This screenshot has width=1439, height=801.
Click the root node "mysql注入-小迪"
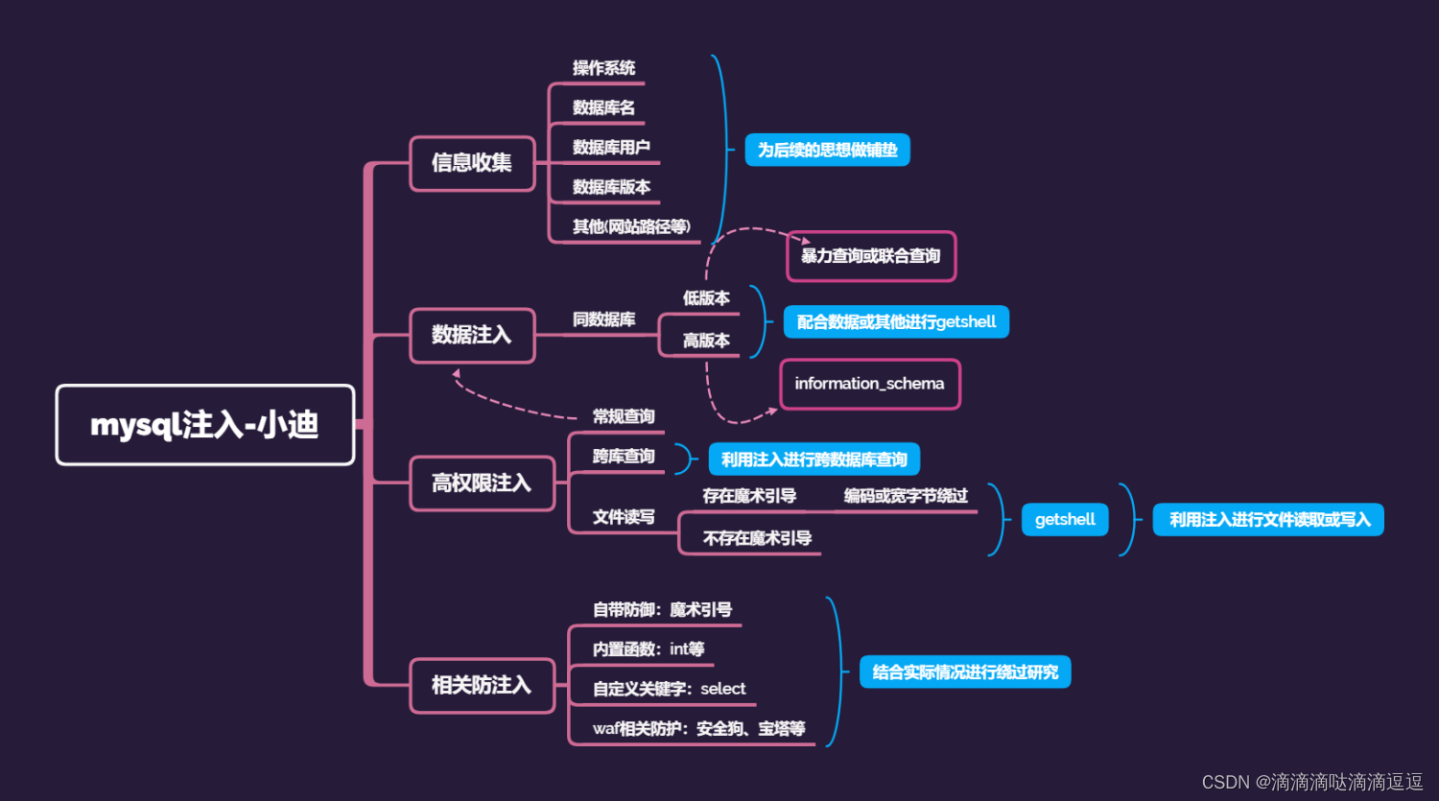(204, 425)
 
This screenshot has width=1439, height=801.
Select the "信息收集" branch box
(472, 163)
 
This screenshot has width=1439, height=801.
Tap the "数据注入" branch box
(472, 335)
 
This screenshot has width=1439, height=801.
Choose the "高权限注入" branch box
(482, 483)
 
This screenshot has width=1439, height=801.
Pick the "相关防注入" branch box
(482, 685)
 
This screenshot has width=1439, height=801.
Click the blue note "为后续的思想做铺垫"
(827, 151)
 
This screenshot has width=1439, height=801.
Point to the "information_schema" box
(869, 384)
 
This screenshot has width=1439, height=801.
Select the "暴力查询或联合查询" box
(870, 256)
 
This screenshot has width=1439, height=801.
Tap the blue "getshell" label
(1065, 520)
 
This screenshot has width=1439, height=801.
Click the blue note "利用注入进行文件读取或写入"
(1268, 520)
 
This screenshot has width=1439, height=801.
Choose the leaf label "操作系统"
(603, 68)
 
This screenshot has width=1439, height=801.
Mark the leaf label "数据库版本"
(611, 187)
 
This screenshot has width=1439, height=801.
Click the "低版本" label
(706, 298)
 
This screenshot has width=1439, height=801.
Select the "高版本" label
(706, 341)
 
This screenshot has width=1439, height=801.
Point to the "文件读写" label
(624, 517)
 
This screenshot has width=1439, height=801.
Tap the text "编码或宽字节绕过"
(906, 496)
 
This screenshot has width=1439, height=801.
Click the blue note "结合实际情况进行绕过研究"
(965, 672)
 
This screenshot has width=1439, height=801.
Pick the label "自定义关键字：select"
(669, 689)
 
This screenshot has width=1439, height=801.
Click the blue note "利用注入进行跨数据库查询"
(814, 459)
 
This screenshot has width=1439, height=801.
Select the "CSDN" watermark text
(1225, 783)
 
